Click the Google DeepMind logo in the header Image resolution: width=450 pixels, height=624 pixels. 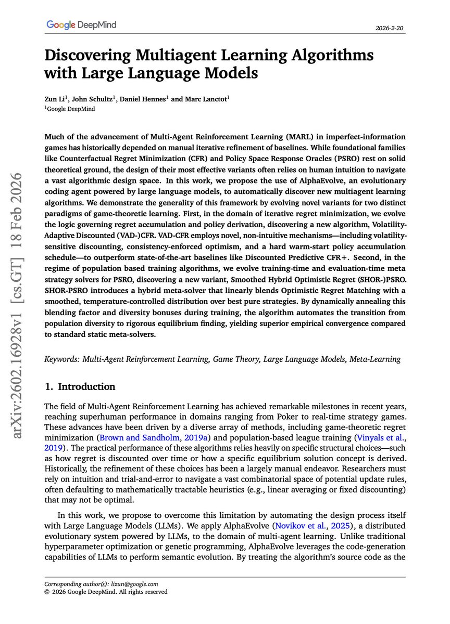pos(81,24)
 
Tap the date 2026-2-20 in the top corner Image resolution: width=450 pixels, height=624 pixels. pos(390,29)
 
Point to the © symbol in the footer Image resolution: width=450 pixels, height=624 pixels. pos(47,592)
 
